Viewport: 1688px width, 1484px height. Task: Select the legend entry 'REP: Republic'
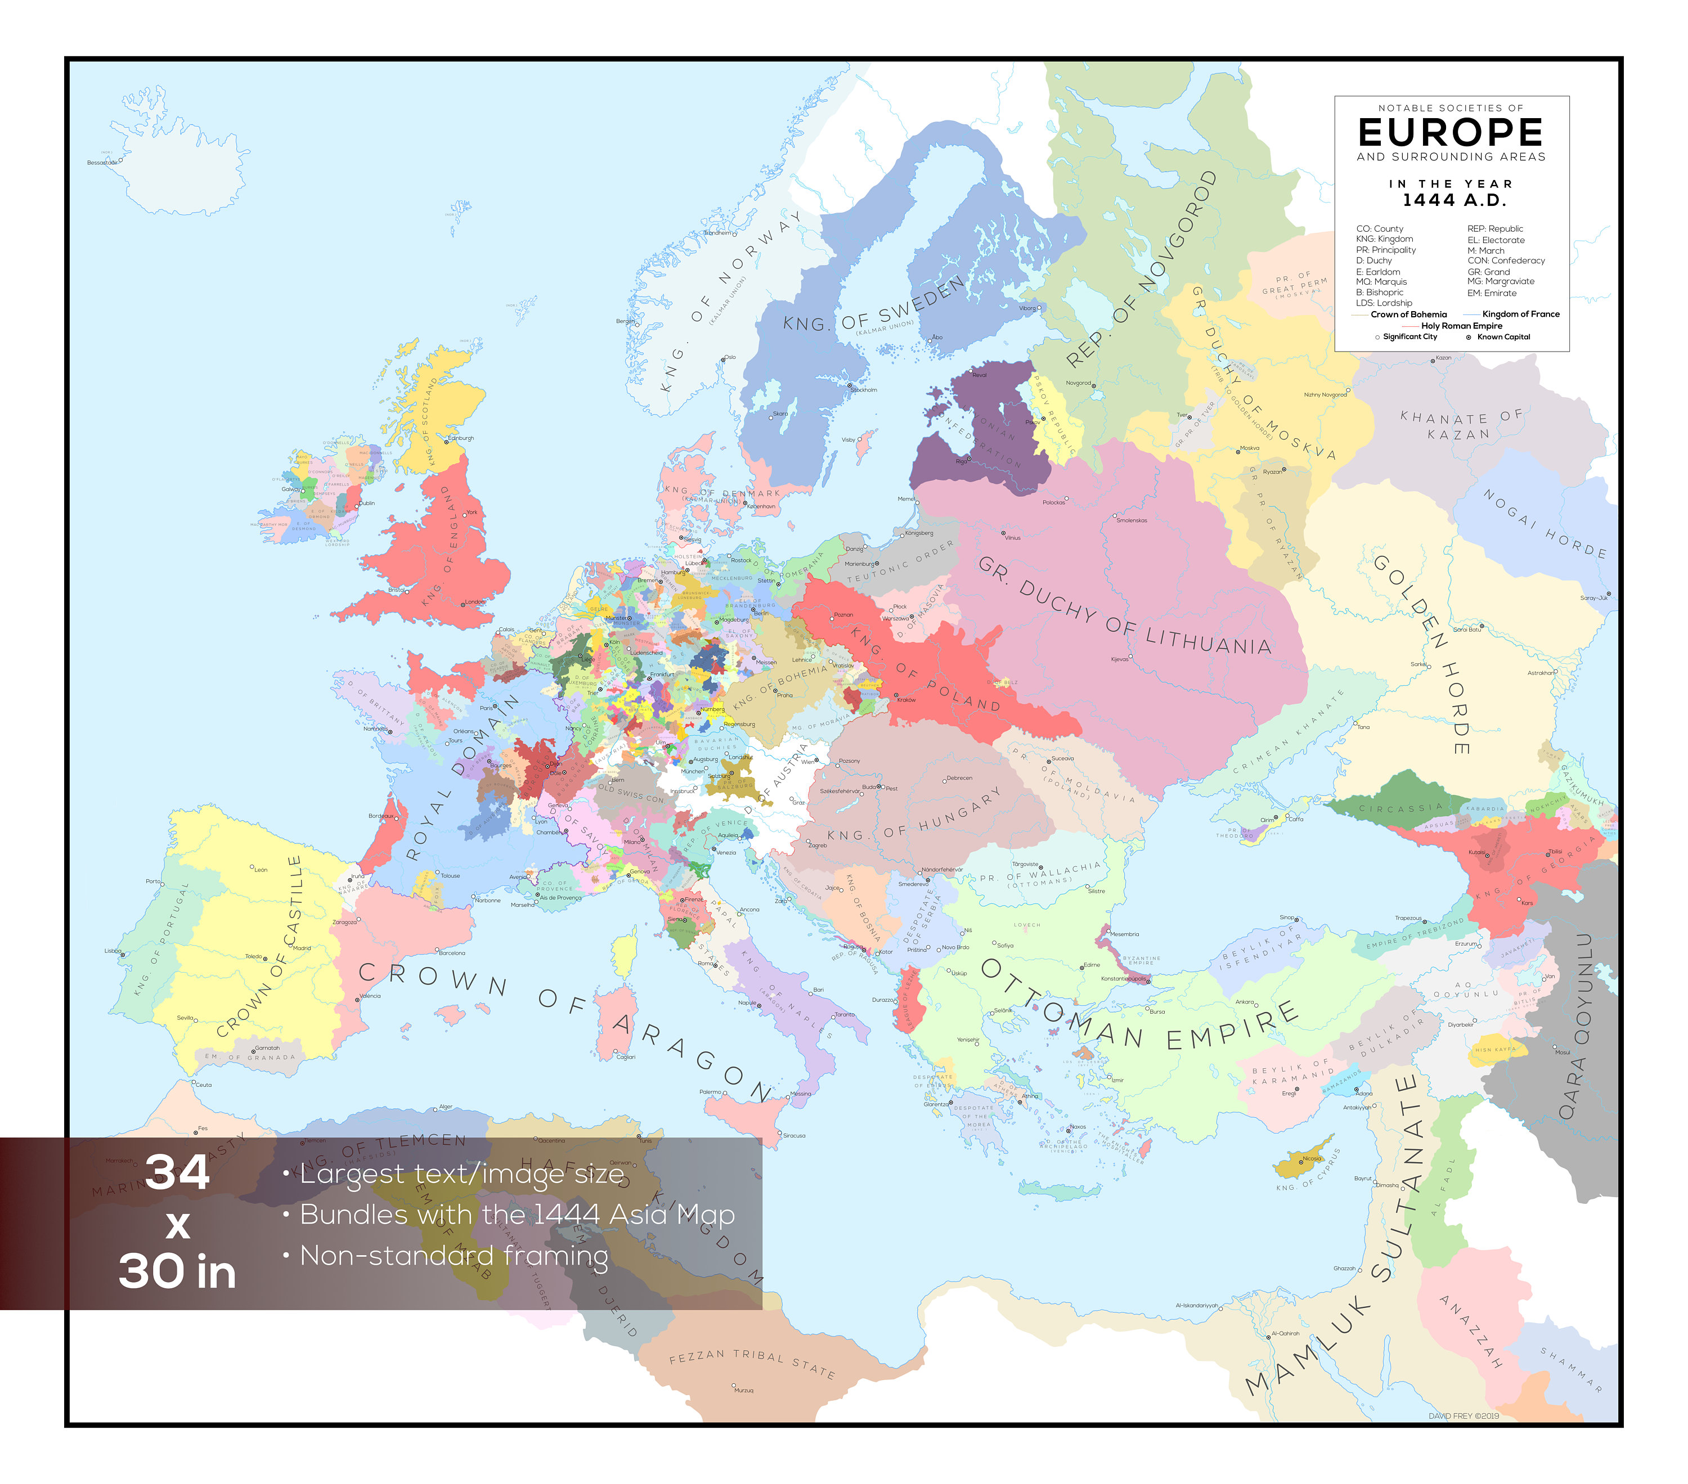[1495, 229]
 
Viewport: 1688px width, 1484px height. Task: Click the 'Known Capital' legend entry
[1503, 337]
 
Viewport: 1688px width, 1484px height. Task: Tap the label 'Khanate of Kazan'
[1460, 425]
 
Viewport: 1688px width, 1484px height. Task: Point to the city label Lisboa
[113, 951]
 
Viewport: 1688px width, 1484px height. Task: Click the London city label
[475, 602]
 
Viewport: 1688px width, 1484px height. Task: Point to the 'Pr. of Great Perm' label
[1295, 284]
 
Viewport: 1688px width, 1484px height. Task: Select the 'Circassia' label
[1400, 808]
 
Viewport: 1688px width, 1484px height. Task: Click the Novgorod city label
[1078, 383]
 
